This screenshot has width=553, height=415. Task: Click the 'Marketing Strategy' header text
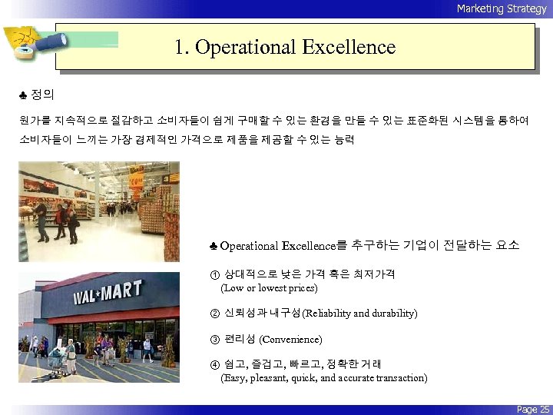[501, 8]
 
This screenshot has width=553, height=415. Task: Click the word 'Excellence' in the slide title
[349, 48]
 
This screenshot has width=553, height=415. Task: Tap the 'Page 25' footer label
[533, 410]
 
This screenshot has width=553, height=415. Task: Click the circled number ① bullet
[214, 274]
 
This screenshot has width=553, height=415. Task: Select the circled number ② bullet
[214, 313]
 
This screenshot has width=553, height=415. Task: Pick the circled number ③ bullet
[214, 339]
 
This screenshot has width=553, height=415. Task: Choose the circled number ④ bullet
[214, 364]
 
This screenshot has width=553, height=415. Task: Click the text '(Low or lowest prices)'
[269, 288]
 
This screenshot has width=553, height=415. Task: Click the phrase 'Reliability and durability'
[360, 314]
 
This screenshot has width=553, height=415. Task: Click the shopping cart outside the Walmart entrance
[56, 358]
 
